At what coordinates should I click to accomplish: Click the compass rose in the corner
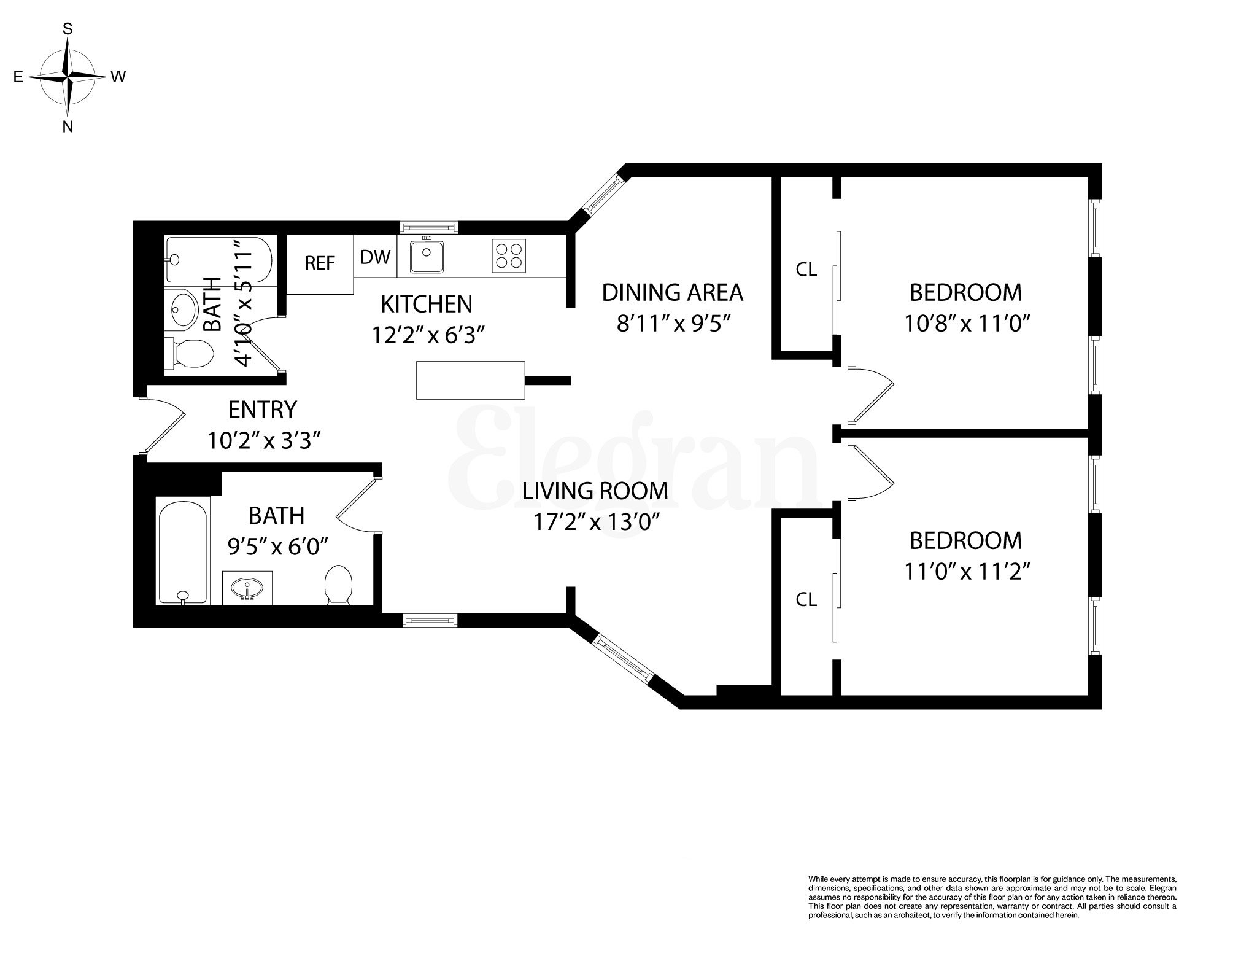click(x=68, y=77)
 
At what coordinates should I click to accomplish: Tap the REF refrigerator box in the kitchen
click(x=320, y=264)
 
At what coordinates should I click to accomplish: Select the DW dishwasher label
click(x=375, y=257)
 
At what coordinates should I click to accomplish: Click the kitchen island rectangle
click(x=470, y=380)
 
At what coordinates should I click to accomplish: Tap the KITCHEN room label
click(x=427, y=304)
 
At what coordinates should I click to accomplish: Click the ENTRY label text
click(x=262, y=409)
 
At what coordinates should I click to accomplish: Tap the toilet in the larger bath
click(x=338, y=584)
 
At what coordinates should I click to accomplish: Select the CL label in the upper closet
click(x=806, y=269)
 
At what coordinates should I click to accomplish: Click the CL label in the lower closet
click(x=806, y=599)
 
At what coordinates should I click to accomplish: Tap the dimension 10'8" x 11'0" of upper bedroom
click(x=965, y=324)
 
